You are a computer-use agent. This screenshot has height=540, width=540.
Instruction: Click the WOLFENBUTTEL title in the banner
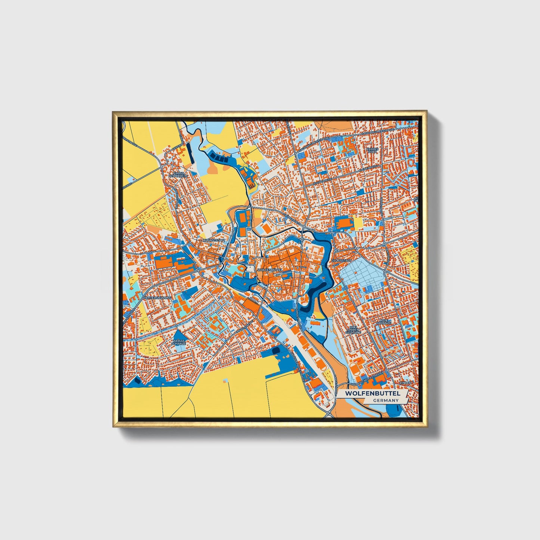pos(372,394)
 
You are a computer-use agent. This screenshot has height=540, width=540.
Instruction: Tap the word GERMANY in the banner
pos(386,401)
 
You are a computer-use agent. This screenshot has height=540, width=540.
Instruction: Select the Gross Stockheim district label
pos(178,175)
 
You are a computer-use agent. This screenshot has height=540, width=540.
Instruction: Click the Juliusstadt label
pos(342,260)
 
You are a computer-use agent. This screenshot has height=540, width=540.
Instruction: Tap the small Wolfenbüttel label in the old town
pos(268,269)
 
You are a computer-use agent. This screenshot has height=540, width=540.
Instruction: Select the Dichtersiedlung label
pos(157,297)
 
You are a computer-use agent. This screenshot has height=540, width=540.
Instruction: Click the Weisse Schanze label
pos(179,342)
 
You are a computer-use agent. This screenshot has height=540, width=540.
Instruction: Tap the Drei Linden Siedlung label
pos(354,329)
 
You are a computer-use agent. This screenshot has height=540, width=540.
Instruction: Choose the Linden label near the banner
pos(405,383)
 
